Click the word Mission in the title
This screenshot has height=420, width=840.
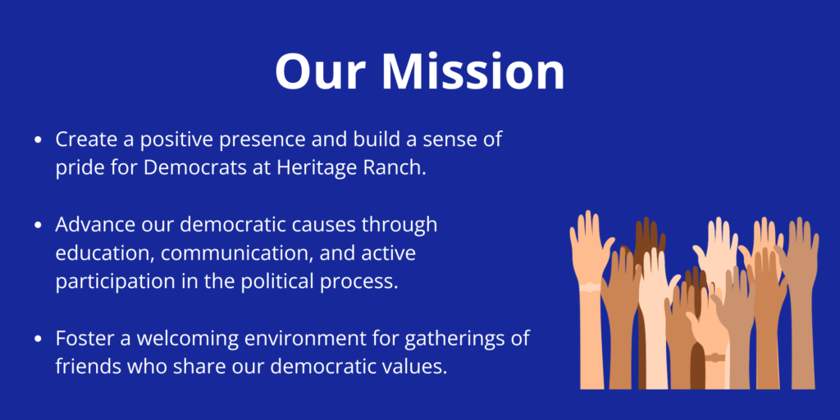pyautogui.click(x=472, y=72)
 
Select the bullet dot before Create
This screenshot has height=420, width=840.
pyautogui.click(x=38, y=140)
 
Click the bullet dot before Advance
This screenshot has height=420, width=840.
pyautogui.click(x=38, y=226)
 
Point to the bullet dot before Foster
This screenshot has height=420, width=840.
pyautogui.click(x=38, y=339)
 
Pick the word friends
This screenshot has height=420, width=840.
pyautogui.click(x=85, y=367)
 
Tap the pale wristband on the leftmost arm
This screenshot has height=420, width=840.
pyautogui.click(x=590, y=287)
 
